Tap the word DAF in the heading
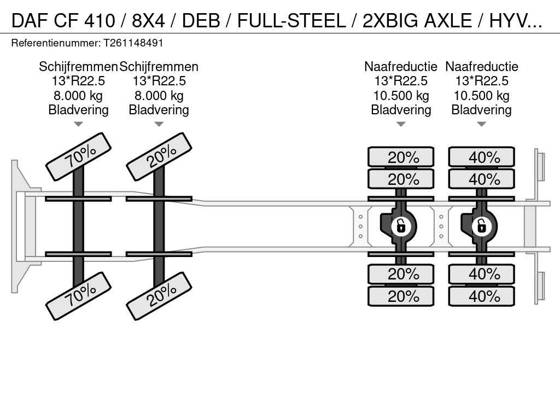coord(32,21)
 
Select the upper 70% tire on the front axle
coord(79,156)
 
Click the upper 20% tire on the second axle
coord(159,156)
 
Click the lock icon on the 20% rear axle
coord(401,225)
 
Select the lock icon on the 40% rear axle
coord(482,225)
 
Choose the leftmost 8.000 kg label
coord(78,96)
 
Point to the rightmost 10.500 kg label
coord(481,96)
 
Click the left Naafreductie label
coord(401,67)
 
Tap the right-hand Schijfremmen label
coord(159,67)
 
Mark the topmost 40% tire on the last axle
coord(482,157)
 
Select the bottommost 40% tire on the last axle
coord(482,296)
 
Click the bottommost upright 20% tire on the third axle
coord(401,296)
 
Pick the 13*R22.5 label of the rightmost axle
coord(481,81)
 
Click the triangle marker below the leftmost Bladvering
coord(78,124)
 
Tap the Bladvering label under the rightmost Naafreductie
coord(481,110)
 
